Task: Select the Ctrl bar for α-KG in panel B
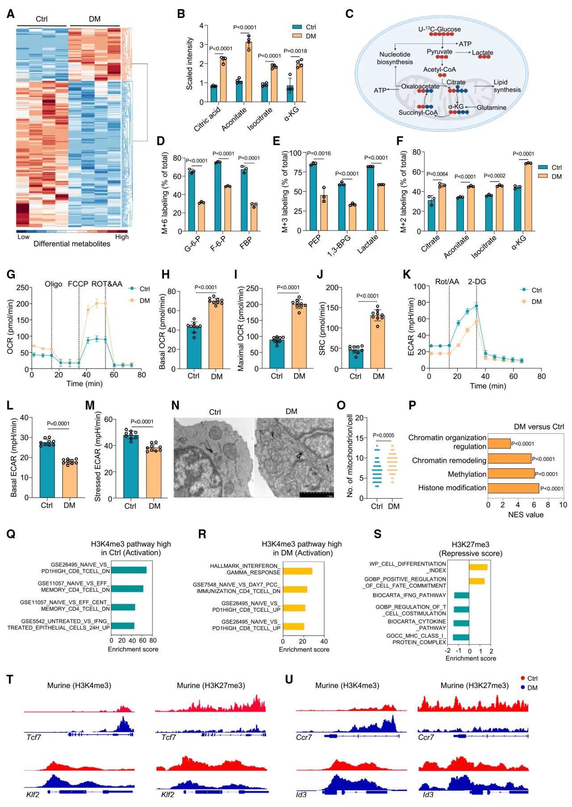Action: point(290,94)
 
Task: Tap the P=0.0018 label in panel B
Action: point(295,51)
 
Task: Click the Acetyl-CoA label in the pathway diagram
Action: point(439,69)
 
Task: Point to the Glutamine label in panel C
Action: point(492,107)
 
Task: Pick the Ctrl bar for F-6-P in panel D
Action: point(218,196)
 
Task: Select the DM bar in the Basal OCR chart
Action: point(216,335)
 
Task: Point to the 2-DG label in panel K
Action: point(477,282)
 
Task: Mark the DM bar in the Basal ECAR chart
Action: point(69,478)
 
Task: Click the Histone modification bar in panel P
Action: point(513,488)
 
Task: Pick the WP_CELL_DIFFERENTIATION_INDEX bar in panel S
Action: point(478,567)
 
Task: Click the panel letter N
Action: point(175,406)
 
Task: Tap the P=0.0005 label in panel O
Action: point(383,435)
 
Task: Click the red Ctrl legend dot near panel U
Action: point(523,678)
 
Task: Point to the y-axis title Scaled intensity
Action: point(189,63)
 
